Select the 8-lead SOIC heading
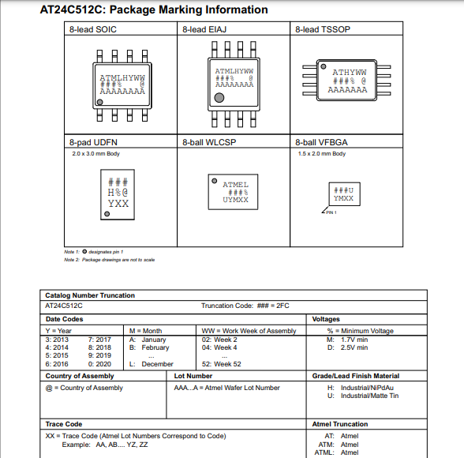point(92,29)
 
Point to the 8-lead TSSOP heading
point(321,29)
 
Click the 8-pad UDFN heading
point(92,142)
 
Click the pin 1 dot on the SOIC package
point(99,103)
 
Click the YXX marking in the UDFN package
point(118,203)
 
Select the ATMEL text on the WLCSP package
point(235,185)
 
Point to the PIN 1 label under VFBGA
point(331,213)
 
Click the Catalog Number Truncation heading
point(90,295)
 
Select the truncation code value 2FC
point(283,305)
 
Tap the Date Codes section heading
point(64,319)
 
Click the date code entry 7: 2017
point(100,339)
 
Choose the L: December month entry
point(151,364)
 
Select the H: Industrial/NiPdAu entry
point(363,388)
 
